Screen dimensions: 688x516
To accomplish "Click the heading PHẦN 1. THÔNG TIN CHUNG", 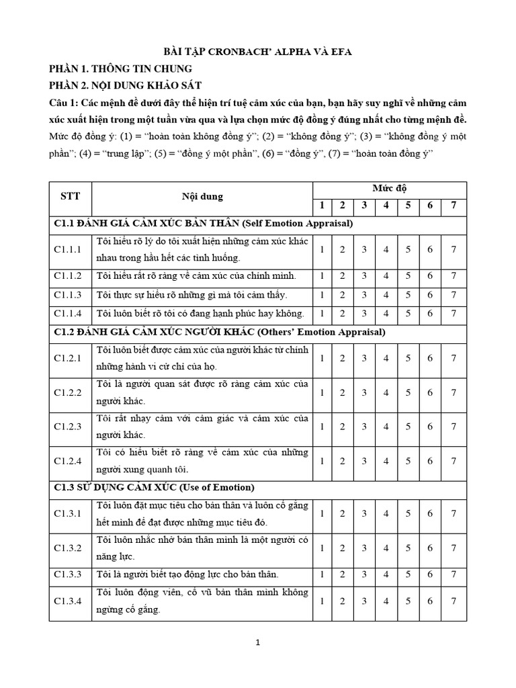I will click(120, 69).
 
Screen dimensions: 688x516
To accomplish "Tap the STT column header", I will click(70, 196).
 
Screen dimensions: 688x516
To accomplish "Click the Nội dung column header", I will click(202, 197).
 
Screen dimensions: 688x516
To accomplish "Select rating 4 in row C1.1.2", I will click(386, 275).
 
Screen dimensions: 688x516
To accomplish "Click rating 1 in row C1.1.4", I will click(322, 313).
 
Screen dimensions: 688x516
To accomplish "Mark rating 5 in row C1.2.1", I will click(407, 358).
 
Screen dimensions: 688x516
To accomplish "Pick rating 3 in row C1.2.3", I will click(363, 427).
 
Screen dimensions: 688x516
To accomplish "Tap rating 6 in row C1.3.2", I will click(429, 548).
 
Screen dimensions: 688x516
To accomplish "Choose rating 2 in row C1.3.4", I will click(342, 601).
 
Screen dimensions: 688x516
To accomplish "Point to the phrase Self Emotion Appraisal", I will click(300, 222).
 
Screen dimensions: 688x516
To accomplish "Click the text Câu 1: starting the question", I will click(64, 103).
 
